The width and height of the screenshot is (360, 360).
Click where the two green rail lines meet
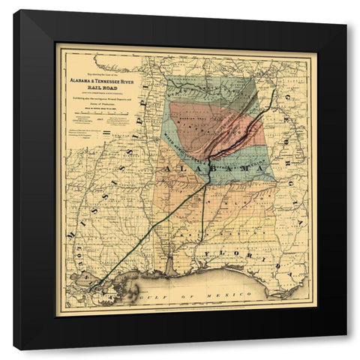(206, 187)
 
